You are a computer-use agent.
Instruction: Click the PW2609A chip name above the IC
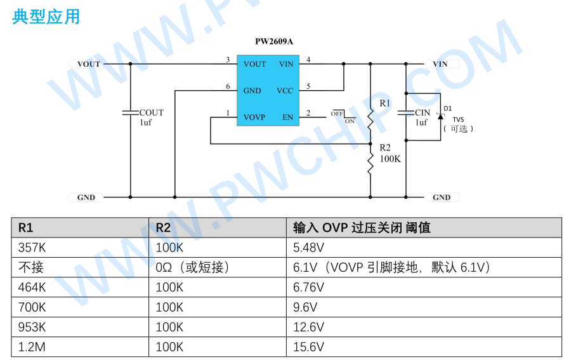pos(274,42)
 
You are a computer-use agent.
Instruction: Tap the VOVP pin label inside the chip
pos(254,117)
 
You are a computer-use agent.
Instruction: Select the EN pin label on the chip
pos(288,117)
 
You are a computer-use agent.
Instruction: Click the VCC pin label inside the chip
pos(285,91)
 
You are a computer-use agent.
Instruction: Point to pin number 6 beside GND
pos(228,87)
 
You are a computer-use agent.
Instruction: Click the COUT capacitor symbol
pos(131,112)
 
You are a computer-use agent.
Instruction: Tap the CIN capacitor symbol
pos(406,113)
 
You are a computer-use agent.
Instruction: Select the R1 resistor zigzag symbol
pos(370,117)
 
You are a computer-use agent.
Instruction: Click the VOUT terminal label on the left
pos(89,64)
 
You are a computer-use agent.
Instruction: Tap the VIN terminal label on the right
pos(440,64)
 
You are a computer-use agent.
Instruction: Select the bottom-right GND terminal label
pos(442,197)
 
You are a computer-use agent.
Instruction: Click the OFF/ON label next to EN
pos(343,116)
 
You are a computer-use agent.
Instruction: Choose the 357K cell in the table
pos(32,248)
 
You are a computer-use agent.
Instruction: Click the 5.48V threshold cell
pos(309,248)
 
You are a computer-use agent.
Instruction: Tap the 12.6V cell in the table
pos(309,327)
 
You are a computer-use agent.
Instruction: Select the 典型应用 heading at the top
pos(46,17)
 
